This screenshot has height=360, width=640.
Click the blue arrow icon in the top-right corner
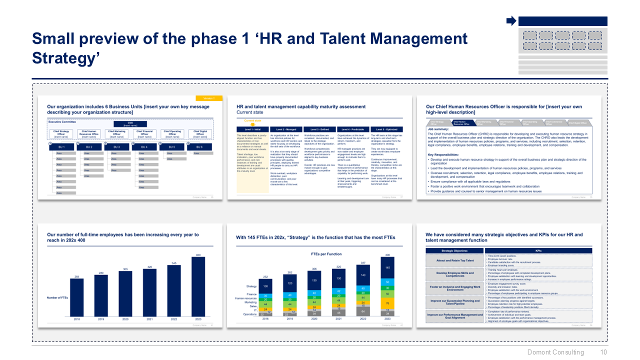pos(511,21)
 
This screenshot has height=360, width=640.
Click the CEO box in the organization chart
pos(130,124)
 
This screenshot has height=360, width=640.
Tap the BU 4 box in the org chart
pos(144,146)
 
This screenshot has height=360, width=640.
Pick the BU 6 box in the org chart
pos(199,146)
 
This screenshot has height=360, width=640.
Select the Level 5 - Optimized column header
pos(386,129)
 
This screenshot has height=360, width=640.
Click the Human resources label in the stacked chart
pos(246,299)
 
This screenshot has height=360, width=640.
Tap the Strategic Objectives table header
pos(454,250)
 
